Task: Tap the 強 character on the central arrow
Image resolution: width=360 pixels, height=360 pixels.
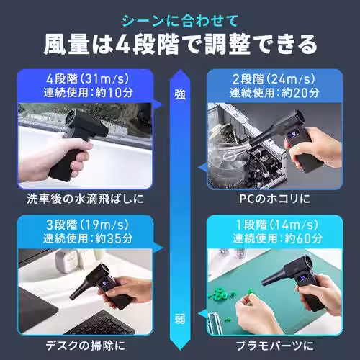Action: click(x=180, y=93)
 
